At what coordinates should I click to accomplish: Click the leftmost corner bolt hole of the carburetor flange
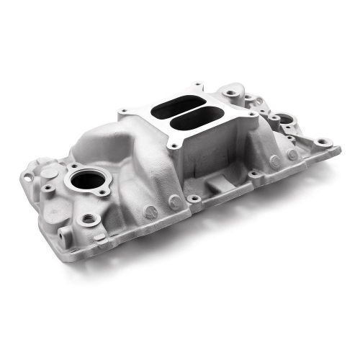123,111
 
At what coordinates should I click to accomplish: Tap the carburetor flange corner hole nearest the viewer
174,146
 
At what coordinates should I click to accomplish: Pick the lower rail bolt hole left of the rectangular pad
194,198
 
